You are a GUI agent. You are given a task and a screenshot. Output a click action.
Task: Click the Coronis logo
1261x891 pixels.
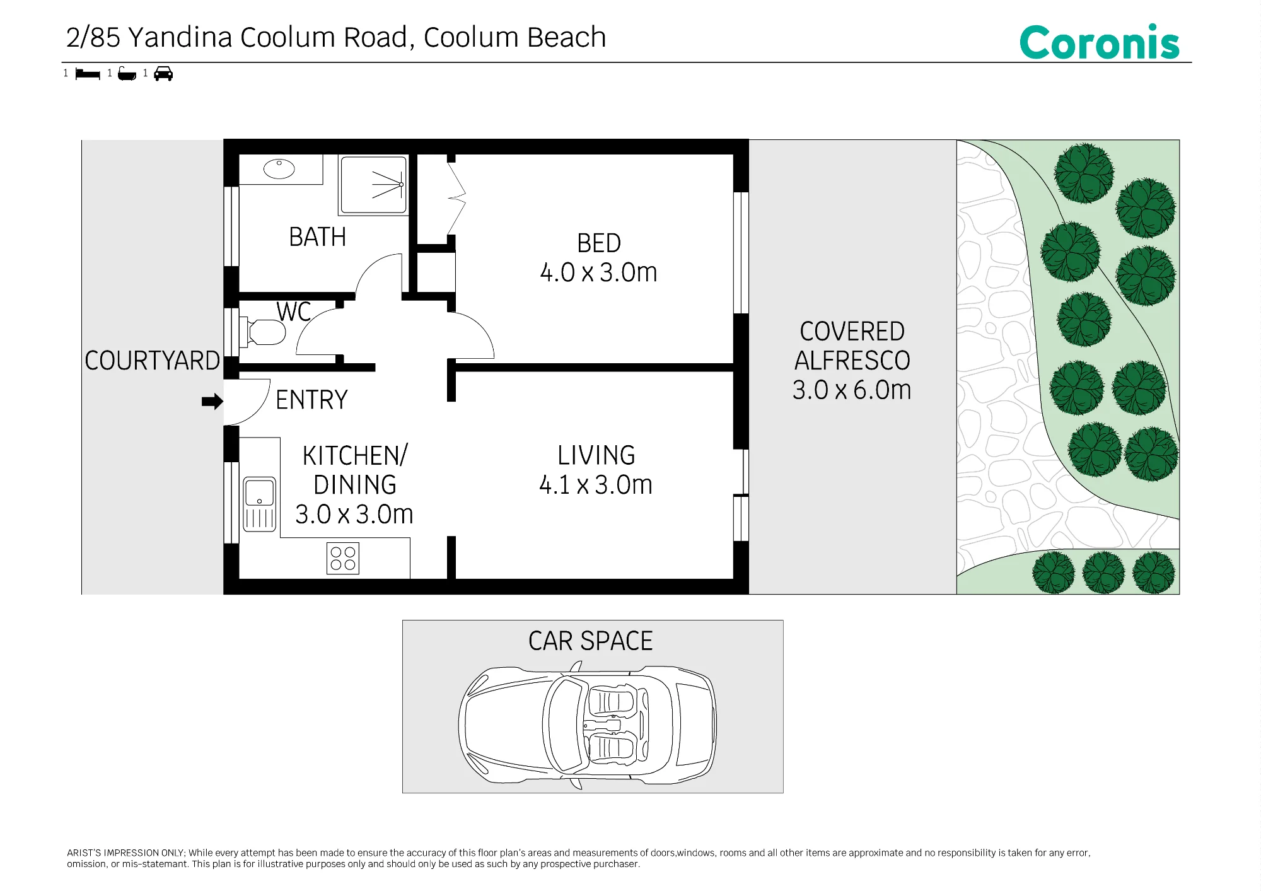[x=1099, y=42]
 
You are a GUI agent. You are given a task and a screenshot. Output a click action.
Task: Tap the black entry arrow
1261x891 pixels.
[x=212, y=401]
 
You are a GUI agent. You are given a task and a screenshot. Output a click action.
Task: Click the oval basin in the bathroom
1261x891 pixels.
[x=279, y=169]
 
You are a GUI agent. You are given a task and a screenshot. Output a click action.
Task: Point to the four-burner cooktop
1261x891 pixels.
[x=343, y=558]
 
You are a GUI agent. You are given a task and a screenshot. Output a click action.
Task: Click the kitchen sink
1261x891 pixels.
[x=259, y=504]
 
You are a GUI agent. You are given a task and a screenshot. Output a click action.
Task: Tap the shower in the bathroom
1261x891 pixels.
[x=374, y=185]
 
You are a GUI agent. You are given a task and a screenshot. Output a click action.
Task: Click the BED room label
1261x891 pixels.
[x=599, y=243]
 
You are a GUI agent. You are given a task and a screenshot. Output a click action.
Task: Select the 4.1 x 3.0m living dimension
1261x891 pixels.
[x=596, y=485]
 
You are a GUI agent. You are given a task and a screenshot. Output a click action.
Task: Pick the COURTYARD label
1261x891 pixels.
[x=152, y=361]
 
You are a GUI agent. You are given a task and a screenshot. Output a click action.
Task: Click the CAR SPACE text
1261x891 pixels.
[x=591, y=641]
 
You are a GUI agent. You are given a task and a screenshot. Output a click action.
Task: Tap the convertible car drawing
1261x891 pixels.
[x=588, y=725]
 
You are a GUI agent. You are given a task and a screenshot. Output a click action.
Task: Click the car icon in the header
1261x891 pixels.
[x=163, y=74]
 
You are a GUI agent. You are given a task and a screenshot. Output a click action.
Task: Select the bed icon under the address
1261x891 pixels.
[x=88, y=74]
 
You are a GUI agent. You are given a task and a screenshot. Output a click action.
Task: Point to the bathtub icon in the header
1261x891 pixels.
[x=127, y=74]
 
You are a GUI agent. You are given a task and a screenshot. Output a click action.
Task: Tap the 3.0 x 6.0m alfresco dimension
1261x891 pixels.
[x=852, y=390]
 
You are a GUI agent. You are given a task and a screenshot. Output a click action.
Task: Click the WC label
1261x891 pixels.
[x=294, y=312]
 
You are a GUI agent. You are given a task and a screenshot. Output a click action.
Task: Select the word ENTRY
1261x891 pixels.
[x=311, y=400]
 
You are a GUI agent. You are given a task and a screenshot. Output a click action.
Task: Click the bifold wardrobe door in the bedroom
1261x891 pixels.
[x=456, y=199]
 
